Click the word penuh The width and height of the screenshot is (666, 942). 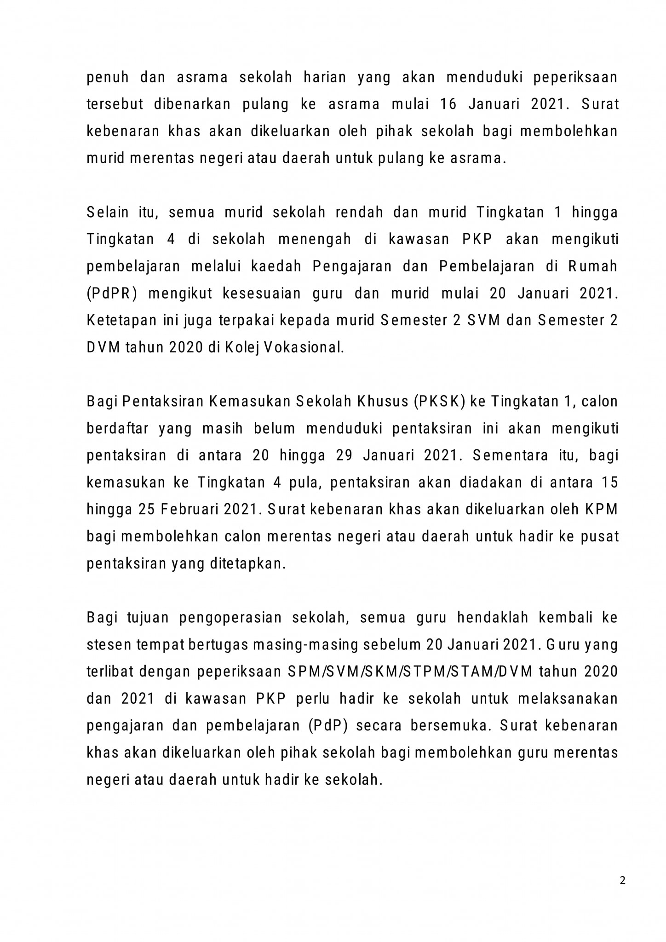click(108, 78)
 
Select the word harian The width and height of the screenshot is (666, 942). click(325, 77)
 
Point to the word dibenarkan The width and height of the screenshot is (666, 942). click(192, 104)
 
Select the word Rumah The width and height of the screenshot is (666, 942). click(593, 267)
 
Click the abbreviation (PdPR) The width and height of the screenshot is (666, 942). click(112, 294)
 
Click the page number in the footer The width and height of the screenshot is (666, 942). click(622, 881)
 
